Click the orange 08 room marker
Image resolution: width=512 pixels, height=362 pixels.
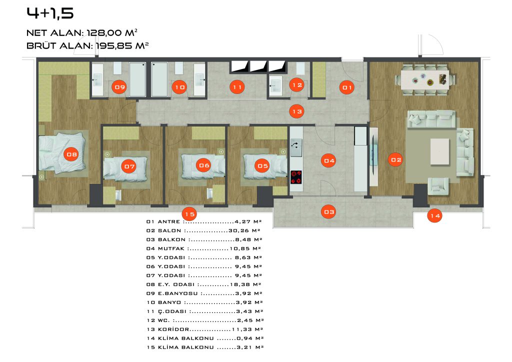(x=71, y=154)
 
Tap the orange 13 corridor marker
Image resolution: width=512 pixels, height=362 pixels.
(x=297, y=111)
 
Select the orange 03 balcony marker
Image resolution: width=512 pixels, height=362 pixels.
(x=329, y=212)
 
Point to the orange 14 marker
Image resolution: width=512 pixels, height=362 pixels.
(x=435, y=215)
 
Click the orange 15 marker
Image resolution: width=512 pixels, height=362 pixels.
(x=189, y=214)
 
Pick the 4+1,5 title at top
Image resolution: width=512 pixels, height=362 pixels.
(x=50, y=13)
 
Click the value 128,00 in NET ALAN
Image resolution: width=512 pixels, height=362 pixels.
(x=105, y=32)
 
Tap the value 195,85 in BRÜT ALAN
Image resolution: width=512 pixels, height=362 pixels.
(x=113, y=45)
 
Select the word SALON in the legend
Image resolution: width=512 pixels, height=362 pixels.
(x=169, y=230)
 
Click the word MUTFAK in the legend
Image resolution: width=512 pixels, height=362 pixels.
(x=171, y=248)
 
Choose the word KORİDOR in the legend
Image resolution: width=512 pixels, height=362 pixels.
(x=173, y=329)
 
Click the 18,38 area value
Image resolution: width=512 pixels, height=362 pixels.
(x=240, y=284)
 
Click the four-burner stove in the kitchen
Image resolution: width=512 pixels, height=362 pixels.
(x=296, y=177)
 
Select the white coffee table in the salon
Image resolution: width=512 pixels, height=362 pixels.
(x=439, y=151)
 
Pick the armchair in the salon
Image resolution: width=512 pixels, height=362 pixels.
(x=437, y=186)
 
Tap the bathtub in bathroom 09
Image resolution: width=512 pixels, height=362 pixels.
(x=137, y=79)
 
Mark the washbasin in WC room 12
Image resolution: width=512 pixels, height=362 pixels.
(x=275, y=85)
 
